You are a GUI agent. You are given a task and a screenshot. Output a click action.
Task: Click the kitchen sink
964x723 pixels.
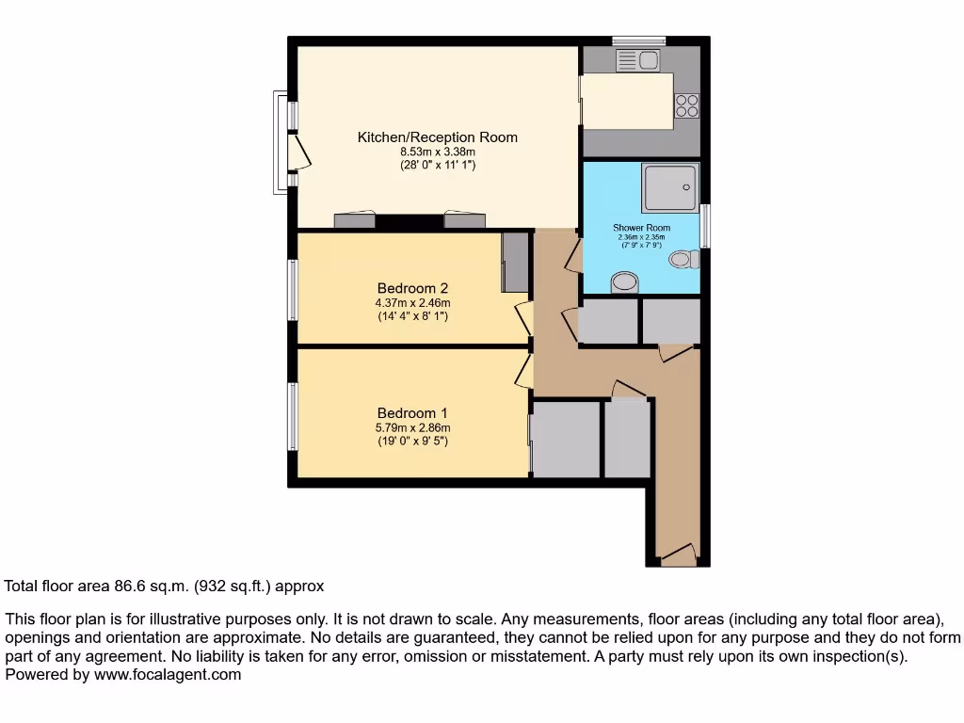[x=639, y=61]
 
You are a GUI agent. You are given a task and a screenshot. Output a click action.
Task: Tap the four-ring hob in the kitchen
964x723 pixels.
[x=686, y=105]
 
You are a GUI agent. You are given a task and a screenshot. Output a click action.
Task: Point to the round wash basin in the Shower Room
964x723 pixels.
[x=624, y=281]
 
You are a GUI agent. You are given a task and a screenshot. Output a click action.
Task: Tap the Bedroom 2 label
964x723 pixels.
[x=412, y=288]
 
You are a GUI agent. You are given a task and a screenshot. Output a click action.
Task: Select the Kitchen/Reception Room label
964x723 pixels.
[x=437, y=137]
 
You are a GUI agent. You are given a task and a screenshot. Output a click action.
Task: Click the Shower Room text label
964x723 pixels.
[x=641, y=228]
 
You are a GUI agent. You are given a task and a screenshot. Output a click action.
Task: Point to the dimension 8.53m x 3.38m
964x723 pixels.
[x=438, y=152]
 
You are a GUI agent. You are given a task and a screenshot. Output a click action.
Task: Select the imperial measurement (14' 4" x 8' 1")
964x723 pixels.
[x=412, y=316]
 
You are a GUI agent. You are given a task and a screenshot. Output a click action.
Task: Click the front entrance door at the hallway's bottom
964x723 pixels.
[x=678, y=555]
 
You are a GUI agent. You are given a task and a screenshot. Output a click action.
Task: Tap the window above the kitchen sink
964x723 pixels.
[x=639, y=40]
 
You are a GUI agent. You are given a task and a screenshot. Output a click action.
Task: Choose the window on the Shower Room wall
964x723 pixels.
[x=705, y=226]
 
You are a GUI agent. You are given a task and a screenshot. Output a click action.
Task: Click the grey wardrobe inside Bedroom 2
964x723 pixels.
[x=515, y=262]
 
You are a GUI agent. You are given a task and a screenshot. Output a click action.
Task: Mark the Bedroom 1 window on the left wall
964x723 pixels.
[x=293, y=415]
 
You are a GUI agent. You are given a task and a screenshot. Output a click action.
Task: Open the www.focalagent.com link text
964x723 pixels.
[x=168, y=674]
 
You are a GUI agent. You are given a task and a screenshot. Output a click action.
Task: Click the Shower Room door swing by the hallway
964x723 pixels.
[x=573, y=253]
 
